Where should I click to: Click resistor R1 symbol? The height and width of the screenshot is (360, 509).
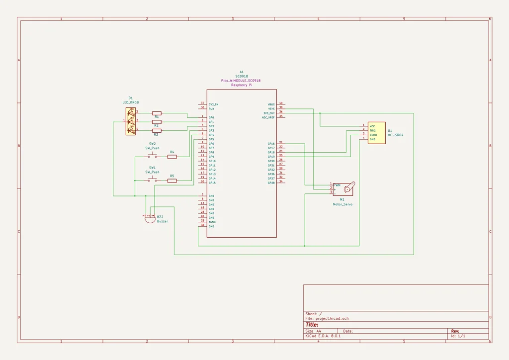[157, 113]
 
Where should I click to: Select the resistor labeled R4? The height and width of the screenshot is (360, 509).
[172, 157]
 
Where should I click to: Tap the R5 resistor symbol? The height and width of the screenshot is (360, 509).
[172, 181]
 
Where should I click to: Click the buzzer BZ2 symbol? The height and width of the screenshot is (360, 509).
[150, 219]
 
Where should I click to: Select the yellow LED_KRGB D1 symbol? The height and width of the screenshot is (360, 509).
[131, 121]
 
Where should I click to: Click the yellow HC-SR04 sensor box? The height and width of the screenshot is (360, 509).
[376, 133]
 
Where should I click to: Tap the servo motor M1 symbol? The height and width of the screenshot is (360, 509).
[343, 188]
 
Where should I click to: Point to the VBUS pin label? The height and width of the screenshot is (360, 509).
[271, 104]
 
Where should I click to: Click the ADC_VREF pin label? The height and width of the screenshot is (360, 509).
[268, 117]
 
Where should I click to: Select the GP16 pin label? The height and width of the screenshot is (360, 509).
[271, 144]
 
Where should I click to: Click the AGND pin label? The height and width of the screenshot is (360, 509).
[212, 222]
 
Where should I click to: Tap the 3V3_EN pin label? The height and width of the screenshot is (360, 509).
[214, 104]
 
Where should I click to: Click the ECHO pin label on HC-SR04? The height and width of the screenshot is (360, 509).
[373, 135]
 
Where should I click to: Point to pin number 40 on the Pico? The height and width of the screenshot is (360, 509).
[281, 103]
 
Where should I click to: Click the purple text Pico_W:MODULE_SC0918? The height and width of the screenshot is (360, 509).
[241, 81]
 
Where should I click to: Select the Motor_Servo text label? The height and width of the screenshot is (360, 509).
[342, 204]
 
